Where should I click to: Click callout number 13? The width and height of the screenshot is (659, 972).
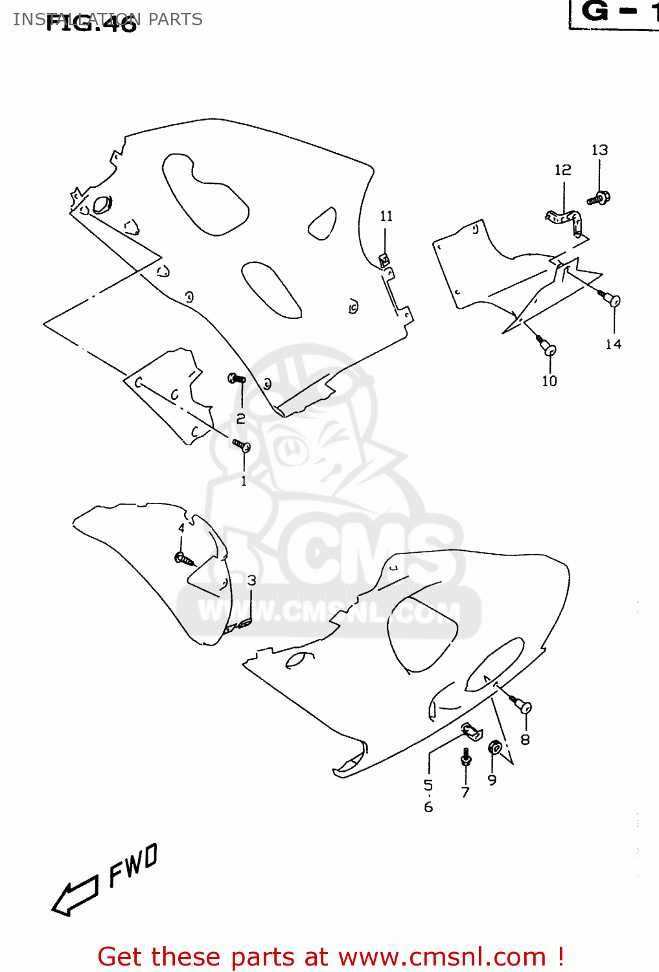tap(599, 150)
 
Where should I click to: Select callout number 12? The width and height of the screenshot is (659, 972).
tap(562, 170)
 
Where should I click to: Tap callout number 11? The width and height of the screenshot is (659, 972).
tap(386, 216)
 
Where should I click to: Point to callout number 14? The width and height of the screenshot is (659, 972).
tap(613, 344)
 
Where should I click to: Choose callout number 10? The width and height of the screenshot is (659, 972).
tap(549, 381)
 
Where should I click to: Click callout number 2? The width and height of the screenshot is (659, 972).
tap(240, 419)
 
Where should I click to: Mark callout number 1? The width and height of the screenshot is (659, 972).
tap(244, 481)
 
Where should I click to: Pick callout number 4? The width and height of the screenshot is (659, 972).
tap(181, 528)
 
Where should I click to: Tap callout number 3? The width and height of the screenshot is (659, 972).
tap(251, 581)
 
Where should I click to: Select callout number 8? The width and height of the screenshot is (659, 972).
tap(525, 739)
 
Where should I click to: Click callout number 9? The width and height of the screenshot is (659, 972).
tap(492, 780)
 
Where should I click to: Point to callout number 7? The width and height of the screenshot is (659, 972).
tap(465, 792)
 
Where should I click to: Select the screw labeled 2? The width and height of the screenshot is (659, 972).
tap(237, 378)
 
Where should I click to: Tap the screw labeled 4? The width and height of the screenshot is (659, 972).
tap(184, 558)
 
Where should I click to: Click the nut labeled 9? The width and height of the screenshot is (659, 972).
tap(494, 748)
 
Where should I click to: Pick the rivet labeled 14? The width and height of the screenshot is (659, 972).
tap(612, 299)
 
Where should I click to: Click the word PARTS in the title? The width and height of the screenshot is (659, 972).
tap(175, 19)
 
